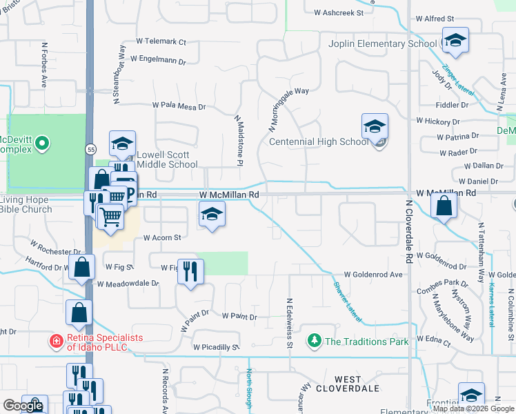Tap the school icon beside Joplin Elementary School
[x=455, y=41]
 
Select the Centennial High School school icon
[x=375, y=128]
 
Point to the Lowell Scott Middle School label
[x=167, y=159]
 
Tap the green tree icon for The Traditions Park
[x=315, y=340]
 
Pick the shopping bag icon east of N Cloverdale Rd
[x=443, y=206]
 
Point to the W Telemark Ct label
[x=161, y=42]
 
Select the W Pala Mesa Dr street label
[x=179, y=107]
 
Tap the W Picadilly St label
[x=216, y=347]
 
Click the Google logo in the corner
[x=23, y=406]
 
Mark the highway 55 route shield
[x=91, y=148]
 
